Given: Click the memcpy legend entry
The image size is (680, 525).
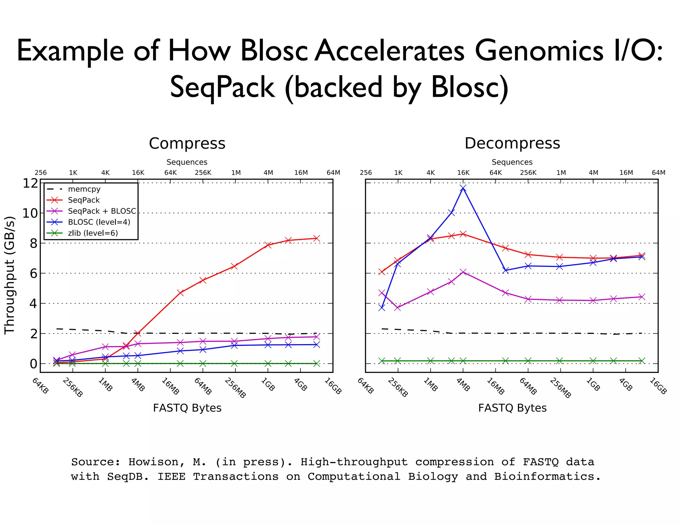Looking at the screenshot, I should click(x=84, y=189).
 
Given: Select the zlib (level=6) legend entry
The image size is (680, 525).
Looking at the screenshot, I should click(x=93, y=233).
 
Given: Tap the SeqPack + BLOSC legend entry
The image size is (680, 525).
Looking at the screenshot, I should click(x=102, y=211).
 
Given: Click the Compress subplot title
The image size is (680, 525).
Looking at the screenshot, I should click(x=187, y=143).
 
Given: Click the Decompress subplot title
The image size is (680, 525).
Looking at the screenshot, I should click(x=512, y=143).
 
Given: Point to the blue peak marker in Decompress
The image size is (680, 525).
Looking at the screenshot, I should click(x=463, y=188).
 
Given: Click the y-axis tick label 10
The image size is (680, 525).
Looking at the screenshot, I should click(x=30, y=213).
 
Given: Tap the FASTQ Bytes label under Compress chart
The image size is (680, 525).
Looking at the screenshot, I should click(x=187, y=408).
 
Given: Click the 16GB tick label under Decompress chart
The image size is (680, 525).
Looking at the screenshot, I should click(x=658, y=387).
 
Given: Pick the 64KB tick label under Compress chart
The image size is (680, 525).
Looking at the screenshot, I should click(x=40, y=386).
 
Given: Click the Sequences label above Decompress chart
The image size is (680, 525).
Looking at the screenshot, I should click(x=512, y=162).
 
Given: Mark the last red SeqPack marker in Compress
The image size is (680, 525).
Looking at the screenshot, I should click(x=317, y=238).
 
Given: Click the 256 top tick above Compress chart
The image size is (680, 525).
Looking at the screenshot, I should click(x=41, y=173).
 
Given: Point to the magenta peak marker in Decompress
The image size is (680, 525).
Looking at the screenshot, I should click(x=464, y=272).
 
